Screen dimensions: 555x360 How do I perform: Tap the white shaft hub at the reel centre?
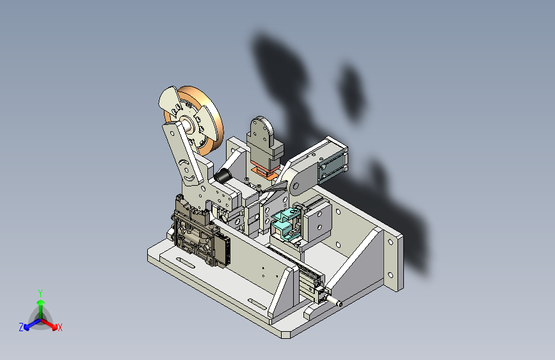186,124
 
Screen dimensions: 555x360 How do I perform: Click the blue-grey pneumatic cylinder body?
332,166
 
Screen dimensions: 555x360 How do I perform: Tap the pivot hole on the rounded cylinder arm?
295,185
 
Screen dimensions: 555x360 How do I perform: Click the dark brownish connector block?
200,231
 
